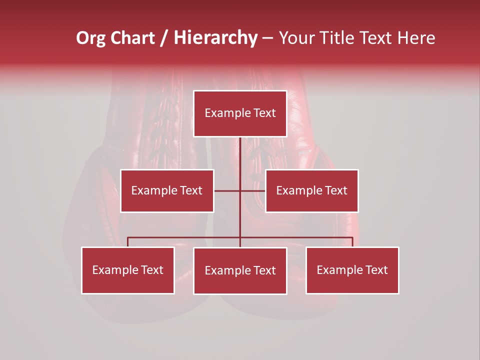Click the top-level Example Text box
(240, 113)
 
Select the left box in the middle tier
(167, 190)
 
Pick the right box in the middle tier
(311, 190)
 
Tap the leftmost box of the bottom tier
(128, 270)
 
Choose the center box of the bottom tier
(240, 270)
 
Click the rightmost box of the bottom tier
(352, 270)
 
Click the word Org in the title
(91, 38)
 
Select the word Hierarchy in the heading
(215, 38)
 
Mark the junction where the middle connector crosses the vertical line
(240, 190)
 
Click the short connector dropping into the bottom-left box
(128, 242)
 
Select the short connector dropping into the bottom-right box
(352, 242)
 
